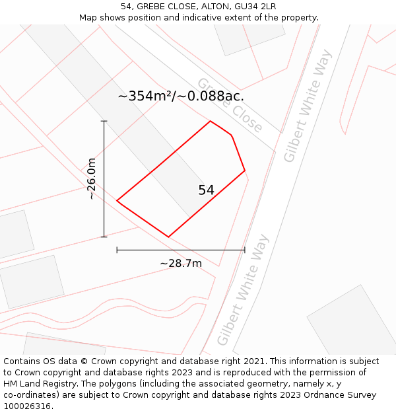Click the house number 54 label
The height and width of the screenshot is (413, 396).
206,190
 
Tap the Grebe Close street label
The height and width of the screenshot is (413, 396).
230,106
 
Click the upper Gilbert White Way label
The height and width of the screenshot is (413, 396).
308,114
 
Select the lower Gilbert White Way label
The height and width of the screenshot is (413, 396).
244,289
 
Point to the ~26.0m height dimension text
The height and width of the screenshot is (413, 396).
92,179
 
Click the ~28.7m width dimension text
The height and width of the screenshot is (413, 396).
180,264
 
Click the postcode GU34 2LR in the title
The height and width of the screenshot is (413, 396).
254,7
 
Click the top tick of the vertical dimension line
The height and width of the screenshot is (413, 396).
104,122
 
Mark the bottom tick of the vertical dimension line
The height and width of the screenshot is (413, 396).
104,237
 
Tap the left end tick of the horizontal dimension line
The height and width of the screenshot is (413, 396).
117,250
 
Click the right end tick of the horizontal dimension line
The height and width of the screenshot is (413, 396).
245,250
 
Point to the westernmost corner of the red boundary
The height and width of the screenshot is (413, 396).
117,200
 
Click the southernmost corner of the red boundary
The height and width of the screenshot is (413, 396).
168,237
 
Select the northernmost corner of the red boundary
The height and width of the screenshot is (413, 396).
211,121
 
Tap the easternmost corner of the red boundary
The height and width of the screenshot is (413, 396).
245,170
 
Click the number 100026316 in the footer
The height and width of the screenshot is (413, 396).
26,406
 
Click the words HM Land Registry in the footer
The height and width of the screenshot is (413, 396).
39,383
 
